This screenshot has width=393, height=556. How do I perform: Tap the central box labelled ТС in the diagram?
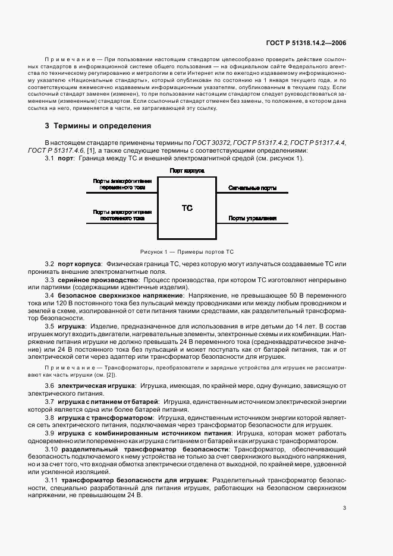pos(187,208)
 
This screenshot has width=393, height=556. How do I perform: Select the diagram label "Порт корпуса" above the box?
pos(187,170)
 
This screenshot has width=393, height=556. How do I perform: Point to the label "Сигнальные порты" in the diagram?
pos(252,188)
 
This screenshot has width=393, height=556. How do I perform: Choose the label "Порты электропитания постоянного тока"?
pos(122,215)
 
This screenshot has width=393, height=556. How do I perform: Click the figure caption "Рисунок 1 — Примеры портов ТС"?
pos(187,252)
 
